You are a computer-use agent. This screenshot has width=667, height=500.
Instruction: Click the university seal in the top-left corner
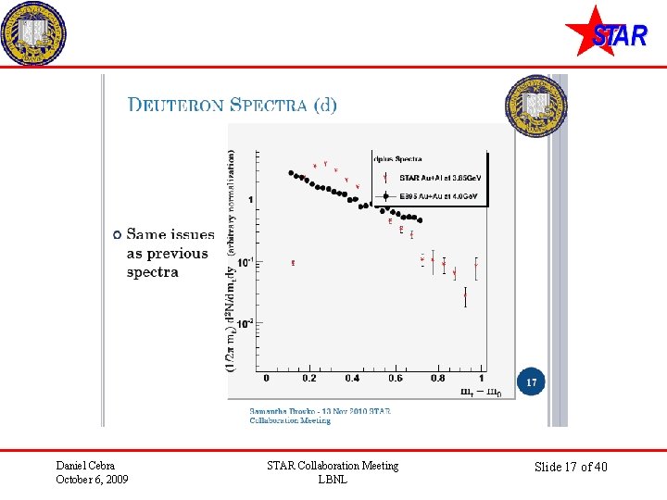(34, 33)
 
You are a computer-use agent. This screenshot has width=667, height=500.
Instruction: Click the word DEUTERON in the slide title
(175, 105)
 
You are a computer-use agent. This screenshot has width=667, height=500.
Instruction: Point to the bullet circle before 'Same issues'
(116, 235)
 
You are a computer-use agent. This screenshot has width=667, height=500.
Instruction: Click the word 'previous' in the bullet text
(177, 254)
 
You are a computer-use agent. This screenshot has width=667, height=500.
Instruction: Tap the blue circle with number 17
(532, 382)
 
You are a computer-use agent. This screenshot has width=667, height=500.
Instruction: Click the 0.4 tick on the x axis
(352, 378)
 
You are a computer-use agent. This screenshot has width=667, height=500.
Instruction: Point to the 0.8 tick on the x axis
(437, 378)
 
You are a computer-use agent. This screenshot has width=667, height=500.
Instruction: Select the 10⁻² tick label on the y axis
(244, 323)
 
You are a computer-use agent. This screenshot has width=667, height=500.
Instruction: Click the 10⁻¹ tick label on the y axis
(244, 262)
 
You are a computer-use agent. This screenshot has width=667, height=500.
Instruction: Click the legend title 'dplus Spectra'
(396, 158)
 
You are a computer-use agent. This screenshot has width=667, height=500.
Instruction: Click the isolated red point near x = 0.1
(293, 263)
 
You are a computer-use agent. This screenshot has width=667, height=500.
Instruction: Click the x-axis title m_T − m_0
(482, 391)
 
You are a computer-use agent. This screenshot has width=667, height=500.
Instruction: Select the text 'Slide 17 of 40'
(571, 467)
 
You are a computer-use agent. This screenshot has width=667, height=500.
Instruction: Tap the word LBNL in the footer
(332, 480)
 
